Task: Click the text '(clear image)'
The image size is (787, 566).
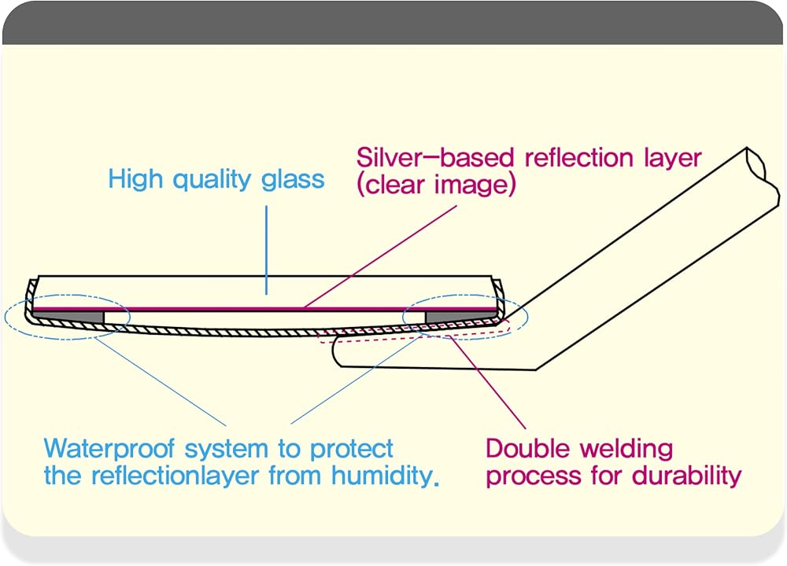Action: pyautogui.click(x=436, y=185)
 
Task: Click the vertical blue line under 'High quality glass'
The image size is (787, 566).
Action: pyautogui.click(x=267, y=250)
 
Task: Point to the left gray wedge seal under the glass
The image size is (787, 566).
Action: pyautogui.click(x=68, y=317)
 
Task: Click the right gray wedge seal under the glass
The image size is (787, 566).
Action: pyautogui.click(x=460, y=317)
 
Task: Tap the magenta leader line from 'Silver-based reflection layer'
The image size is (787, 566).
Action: pyautogui.click(x=380, y=256)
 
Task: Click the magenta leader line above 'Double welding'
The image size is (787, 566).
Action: pyautogui.click(x=488, y=383)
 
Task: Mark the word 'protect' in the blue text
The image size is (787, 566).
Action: pyautogui.click(x=351, y=449)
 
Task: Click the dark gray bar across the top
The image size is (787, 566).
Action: pyautogui.click(x=393, y=23)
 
